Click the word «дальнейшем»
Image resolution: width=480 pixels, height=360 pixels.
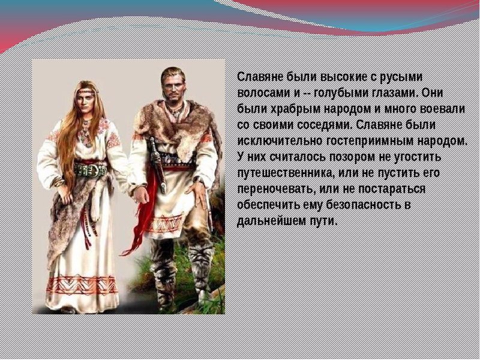point(269,221)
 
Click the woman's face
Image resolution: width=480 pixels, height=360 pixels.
point(86,98)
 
